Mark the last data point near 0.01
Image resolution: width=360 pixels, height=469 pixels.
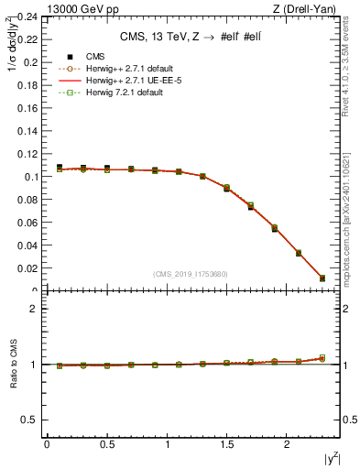[322, 278]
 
